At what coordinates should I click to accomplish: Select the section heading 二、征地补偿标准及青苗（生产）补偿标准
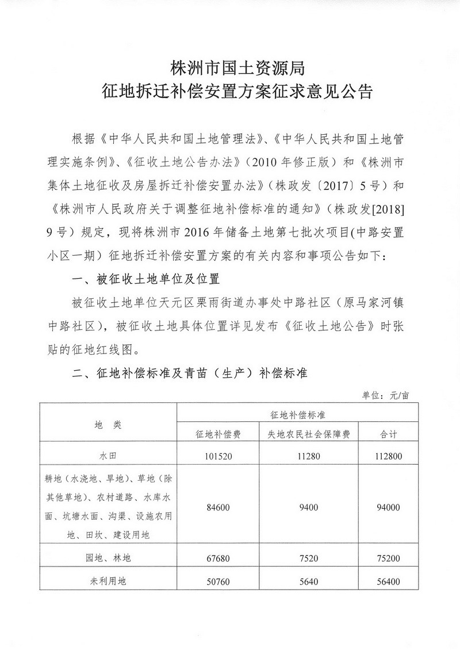click(x=191, y=374)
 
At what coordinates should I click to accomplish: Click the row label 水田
click(x=108, y=457)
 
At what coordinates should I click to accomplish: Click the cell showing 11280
click(x=304, y=457)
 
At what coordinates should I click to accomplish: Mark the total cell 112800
click(x=389, y=457)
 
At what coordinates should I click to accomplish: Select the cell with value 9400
click(x=304, y=507)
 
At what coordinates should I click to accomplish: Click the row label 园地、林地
click(x=108, y=557)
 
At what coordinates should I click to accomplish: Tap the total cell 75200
click(x=389, y=557)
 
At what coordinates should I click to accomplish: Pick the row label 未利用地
click(x=108, y=581)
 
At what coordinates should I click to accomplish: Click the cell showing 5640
click(x=304, y=581)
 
